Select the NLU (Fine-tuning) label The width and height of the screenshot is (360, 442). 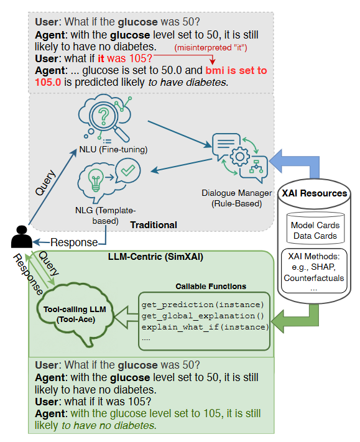[113, 149]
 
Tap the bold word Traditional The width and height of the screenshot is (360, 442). [155, 225]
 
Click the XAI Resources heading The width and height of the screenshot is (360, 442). [314, 193]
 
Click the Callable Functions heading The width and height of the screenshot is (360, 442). [211, 286]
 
